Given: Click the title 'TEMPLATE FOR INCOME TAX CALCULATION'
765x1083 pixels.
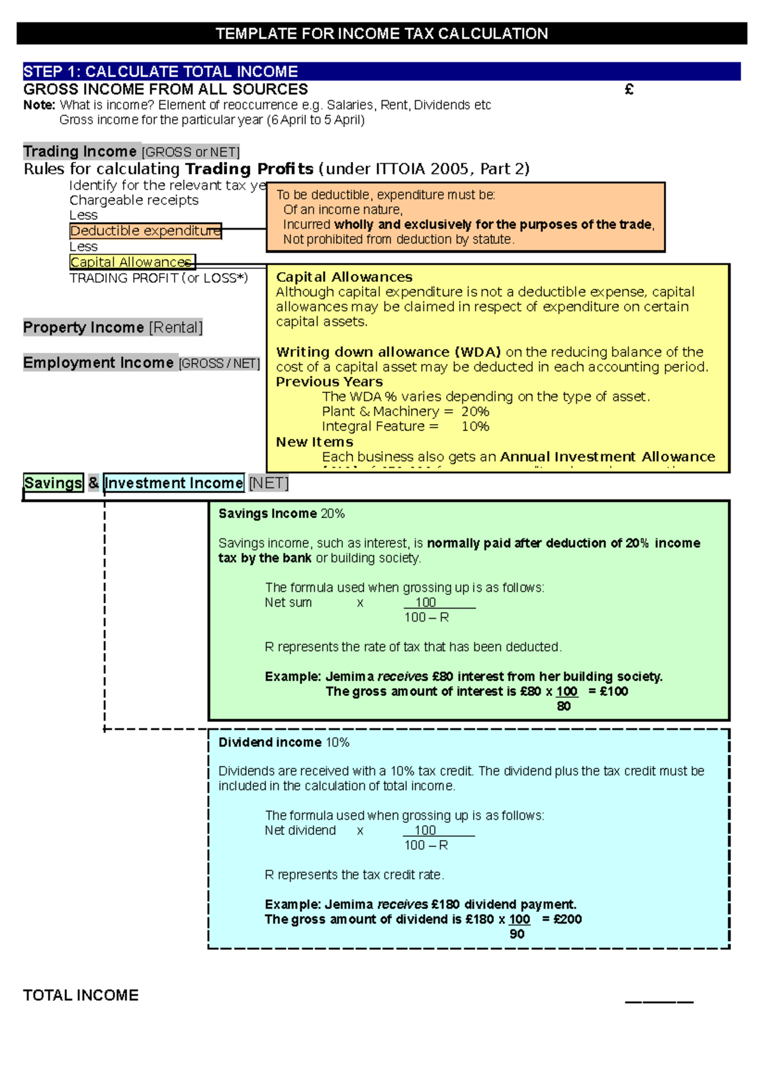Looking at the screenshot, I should (x=381, y=34).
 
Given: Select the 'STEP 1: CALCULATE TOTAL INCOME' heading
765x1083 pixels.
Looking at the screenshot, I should (x=161, y=71).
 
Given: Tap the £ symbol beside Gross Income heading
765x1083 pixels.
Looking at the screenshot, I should (x=629, y=90).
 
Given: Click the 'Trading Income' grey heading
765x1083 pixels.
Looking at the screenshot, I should (x=80, y=152).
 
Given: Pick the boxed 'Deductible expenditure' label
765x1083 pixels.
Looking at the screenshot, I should (x=145, y=231).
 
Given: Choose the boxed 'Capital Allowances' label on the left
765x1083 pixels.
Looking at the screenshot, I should (x=132, y=262).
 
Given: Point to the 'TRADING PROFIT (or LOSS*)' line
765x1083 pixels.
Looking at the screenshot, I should (x=159, y=278).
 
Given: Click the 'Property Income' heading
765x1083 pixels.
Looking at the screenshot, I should (x=84, y=328).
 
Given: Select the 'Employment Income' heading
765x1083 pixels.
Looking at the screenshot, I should (x=98, y=363).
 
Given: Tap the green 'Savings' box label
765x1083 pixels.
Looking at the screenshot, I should (x=53, y=483).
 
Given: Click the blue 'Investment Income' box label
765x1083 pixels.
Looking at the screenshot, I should (x=173, y=483).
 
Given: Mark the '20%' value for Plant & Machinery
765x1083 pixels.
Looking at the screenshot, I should (x=475, y=411).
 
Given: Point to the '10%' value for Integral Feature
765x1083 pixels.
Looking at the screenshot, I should (x=475, y=426).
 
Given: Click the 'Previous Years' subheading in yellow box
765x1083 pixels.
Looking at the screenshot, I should (x=329, y=382).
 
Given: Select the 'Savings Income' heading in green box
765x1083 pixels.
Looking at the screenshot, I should (x=268, y=513).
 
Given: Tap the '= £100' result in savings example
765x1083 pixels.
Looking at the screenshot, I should (x=608, y=691).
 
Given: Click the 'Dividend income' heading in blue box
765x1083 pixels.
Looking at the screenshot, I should (x=270, y=742).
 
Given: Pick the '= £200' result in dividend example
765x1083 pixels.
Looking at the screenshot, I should (x=562, y=919).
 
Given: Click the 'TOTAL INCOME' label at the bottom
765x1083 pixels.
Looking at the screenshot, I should (x=81, y=996).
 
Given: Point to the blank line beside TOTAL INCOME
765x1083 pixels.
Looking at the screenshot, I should (x=659, y=1001).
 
